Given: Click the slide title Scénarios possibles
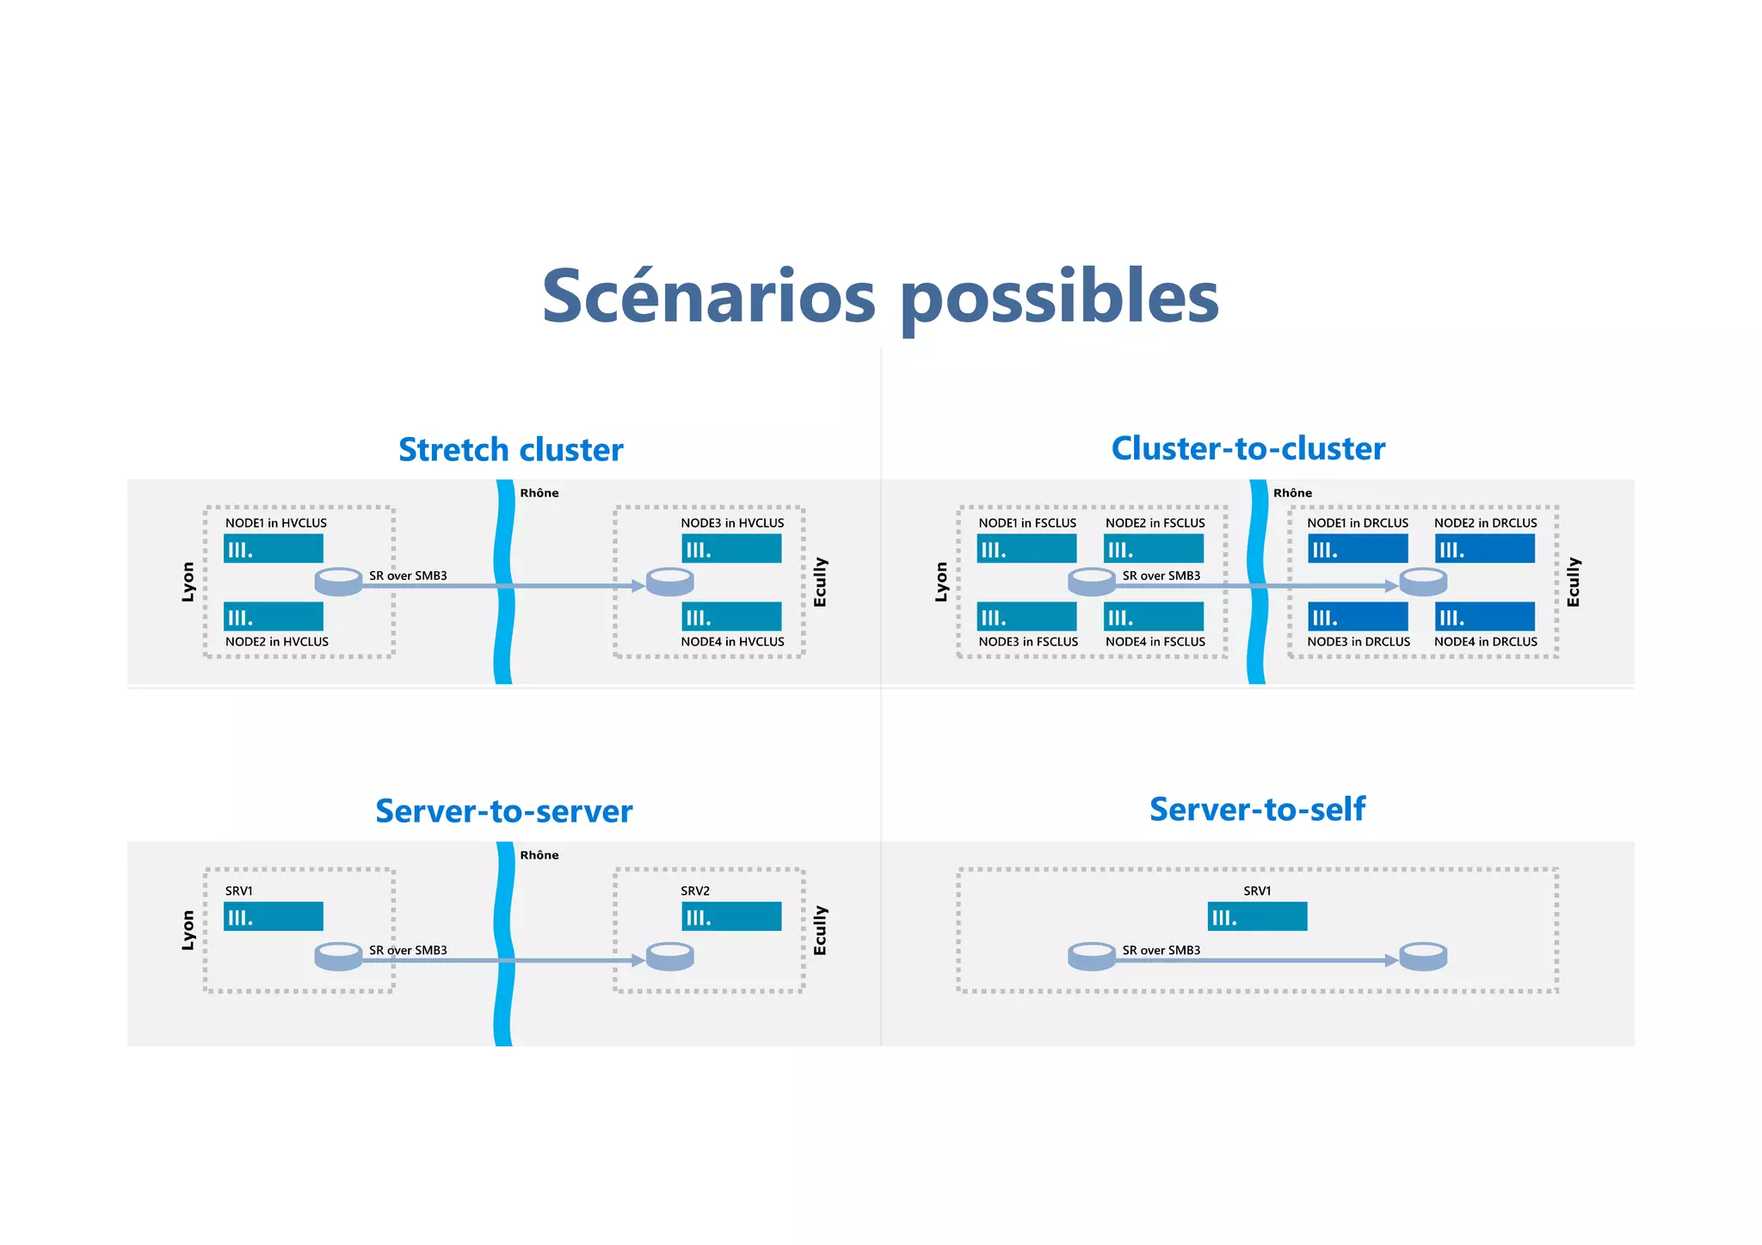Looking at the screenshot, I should pos(880,297).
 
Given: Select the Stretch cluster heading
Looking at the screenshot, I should pos(510,450).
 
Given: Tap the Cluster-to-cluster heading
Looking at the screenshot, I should pos(1248,448).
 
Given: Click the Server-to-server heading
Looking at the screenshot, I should pos(503,811).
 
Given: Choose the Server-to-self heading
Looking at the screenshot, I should pos(1257,809).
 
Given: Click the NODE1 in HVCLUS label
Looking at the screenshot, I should pos(276,523).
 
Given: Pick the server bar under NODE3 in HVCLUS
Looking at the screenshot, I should pos(731,549).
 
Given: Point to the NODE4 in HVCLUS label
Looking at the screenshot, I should pos(732,642).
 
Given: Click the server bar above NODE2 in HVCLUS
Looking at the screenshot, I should pos(274,617).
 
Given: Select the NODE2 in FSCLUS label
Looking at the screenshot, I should pos(1155,523).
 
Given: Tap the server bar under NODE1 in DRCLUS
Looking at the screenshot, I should pos(1358,549).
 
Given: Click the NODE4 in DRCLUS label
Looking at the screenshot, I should pos(1485,642).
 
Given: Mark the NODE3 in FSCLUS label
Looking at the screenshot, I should pos(1028,642).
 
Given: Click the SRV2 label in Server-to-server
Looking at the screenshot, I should pos(695,891).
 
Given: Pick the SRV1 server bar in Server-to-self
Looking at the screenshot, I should pos(1257,916).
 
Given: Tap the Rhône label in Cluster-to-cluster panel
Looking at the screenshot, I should pos(1292,493).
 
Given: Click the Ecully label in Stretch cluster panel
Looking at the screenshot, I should pos(820,582).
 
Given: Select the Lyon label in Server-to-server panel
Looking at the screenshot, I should pos(188,931).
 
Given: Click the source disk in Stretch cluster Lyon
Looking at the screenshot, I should pos(338,582).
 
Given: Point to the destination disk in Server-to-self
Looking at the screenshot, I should pos(1423,956).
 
